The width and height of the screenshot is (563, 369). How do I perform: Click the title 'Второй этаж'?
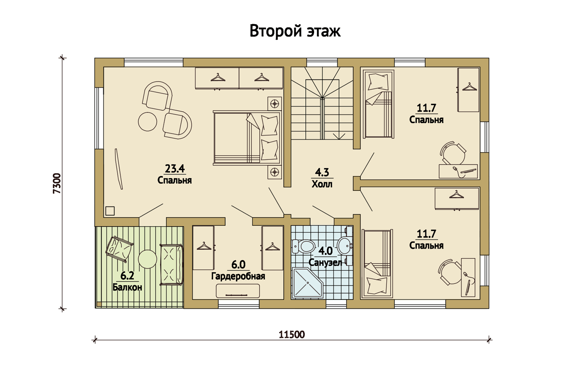295,31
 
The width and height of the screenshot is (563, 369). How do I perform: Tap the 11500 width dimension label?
292,334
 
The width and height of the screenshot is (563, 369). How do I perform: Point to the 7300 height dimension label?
57,183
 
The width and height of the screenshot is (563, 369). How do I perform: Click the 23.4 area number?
175,168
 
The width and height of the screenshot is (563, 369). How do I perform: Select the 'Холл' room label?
322,184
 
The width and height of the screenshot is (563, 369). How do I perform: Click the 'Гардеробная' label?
238,276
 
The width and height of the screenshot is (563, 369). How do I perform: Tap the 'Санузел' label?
325,263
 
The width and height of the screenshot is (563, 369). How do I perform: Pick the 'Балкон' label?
127,287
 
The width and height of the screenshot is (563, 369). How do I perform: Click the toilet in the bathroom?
303,246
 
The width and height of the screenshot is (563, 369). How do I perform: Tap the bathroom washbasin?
345,246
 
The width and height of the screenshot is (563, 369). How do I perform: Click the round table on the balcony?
148,259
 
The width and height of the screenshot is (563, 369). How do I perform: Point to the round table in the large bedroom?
148,122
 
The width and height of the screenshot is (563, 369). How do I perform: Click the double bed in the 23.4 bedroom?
247,138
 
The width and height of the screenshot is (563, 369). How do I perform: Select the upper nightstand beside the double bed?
274,104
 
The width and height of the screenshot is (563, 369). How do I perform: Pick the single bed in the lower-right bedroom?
377,263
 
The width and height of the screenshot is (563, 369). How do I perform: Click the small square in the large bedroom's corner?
110,211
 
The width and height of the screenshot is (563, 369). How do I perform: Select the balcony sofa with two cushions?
172,265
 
